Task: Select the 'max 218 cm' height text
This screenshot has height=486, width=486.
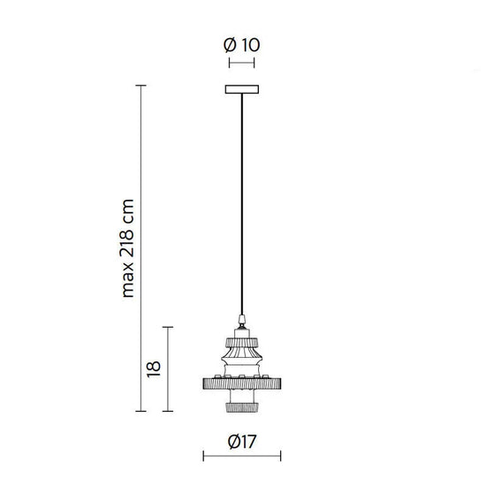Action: coord(129,247)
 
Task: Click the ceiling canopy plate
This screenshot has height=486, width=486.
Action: coord(242,89)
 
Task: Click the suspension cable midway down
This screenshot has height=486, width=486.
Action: coord(242,203)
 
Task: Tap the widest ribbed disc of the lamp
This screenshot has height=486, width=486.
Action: coord(242,385)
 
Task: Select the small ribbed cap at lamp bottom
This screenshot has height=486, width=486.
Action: coord(242,406)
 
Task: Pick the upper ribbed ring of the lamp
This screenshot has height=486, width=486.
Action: coord(242,340)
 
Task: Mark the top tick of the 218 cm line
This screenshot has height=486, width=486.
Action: coord(140,85)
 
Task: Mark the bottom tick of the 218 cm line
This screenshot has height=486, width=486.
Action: coord(140,412)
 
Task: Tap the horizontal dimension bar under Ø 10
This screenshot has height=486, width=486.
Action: coord(242,64)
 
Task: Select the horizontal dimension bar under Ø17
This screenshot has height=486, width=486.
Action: coord(242,457)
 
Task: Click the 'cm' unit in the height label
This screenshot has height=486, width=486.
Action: coord(129,209)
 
